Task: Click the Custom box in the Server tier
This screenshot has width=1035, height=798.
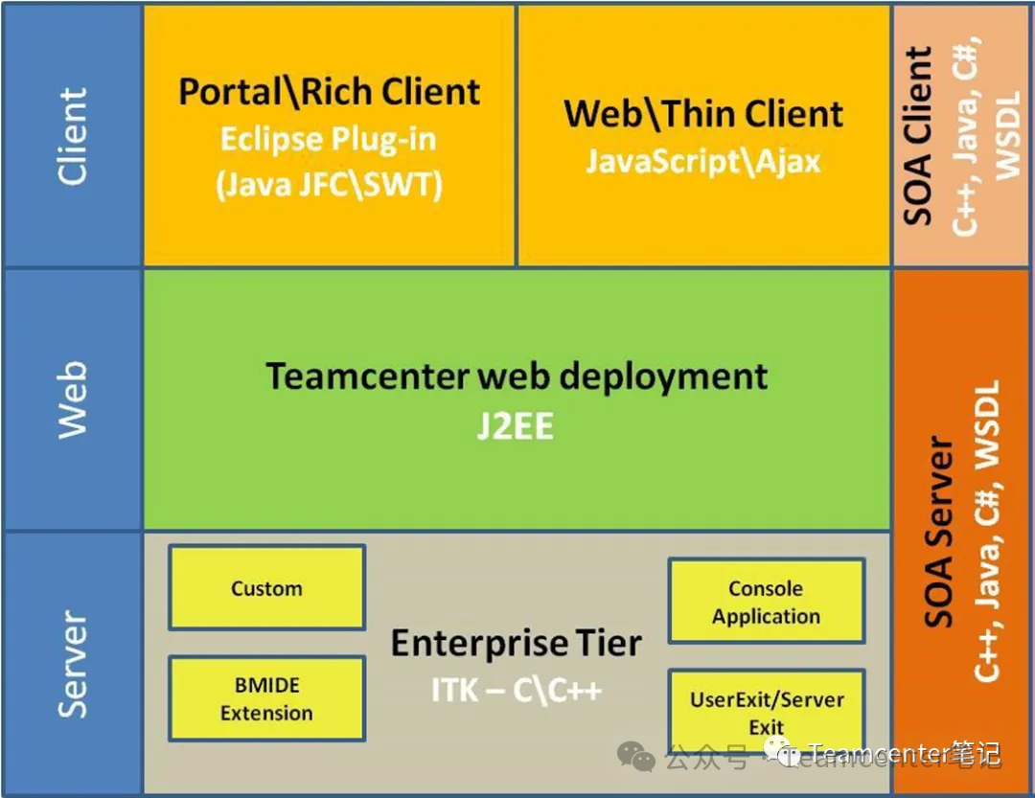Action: [266, 587]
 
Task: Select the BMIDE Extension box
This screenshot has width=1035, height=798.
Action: [266, 698]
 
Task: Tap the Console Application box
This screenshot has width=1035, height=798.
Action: [766, 602]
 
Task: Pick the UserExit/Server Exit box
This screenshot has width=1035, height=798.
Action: [766, 711]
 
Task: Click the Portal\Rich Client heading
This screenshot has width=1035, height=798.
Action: [330, 92]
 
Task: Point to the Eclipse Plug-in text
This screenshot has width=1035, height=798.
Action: [329, 139]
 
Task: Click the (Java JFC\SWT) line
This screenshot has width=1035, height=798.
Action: [329, 183]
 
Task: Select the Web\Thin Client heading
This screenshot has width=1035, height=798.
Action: [703, 114]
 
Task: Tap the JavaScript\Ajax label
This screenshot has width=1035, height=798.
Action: [703, 160]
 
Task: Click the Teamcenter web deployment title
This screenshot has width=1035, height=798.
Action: [517, 376]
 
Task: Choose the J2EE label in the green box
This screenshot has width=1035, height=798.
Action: [516, 426]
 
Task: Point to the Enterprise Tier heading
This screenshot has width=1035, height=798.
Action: [516, 643]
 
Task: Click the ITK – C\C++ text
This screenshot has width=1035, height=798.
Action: [516, 690]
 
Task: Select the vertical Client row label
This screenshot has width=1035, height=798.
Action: [72, 136]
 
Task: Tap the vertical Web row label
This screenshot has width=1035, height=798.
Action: [72, 399]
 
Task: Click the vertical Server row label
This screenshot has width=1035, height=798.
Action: [72, 664]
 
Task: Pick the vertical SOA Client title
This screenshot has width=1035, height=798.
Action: [918, 135]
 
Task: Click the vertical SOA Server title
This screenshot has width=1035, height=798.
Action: [939, 533]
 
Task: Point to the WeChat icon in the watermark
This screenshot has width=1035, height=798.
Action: [636, 756]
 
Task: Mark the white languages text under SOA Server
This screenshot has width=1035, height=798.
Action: [987, 532]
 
